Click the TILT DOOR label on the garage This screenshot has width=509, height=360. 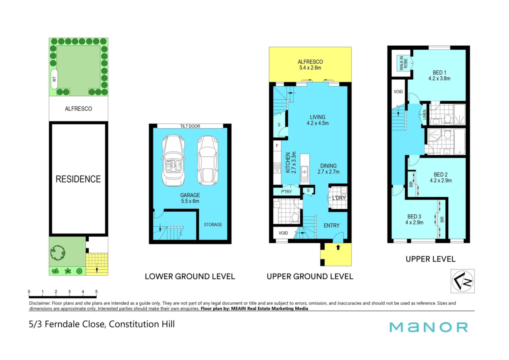click(x=190, y=126)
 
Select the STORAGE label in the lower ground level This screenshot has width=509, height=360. click(x=213, y=225)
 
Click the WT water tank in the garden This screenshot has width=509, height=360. click(x=54, y=79)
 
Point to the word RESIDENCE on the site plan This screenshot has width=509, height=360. click(x=78, y=179)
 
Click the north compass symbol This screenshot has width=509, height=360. click(x=463, y=281)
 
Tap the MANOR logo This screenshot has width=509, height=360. click(x=429, y=327)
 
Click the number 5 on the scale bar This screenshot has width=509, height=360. click(x=96, y=292)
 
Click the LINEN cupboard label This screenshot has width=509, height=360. click(x=424, y=115)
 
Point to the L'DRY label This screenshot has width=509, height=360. click(x=339, y=198)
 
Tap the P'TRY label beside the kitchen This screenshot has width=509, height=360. click(x=286, y=192)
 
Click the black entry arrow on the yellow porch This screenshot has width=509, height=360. click(x=338, y=247)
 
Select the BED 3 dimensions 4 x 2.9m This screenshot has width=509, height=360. click(x=414, y=223)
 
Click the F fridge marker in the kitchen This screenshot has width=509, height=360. click(x=277, y=146)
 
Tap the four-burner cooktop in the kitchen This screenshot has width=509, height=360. click(x=277, y=168)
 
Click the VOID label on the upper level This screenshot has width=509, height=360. click(x=398, y=92)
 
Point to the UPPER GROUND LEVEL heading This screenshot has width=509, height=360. click(x=310, y=276)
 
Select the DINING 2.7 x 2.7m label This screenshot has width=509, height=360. click(x=328, y=169)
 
